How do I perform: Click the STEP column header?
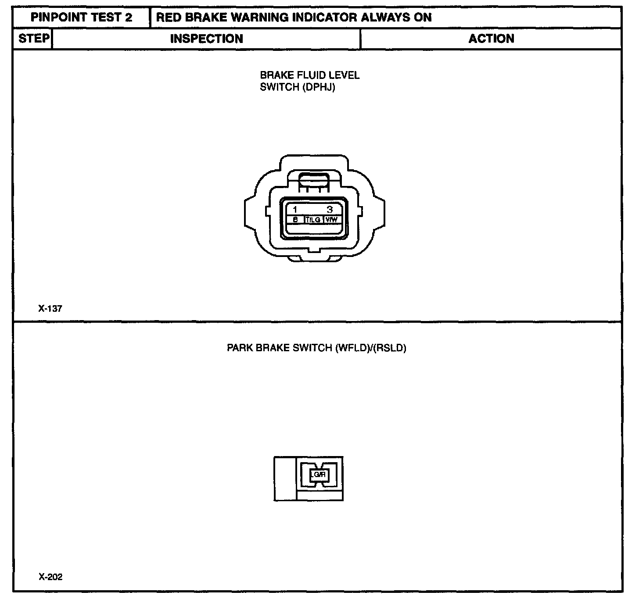coord(33,39)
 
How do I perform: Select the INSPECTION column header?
coord(206,39)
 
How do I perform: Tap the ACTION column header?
coord(491,39)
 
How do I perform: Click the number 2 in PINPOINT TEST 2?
coord(128,18)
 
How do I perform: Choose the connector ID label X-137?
coord(50,309)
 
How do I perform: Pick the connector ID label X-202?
coord(50,577)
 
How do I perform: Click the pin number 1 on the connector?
coord(295,210)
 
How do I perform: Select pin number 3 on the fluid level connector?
coord(330,210)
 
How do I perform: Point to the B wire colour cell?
coord(295,219)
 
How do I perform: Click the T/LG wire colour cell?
coord(313,219)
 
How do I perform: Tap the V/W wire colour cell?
coord(331,219)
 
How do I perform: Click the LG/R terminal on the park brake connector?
coord(318,474)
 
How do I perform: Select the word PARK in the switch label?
coord(240,349)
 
